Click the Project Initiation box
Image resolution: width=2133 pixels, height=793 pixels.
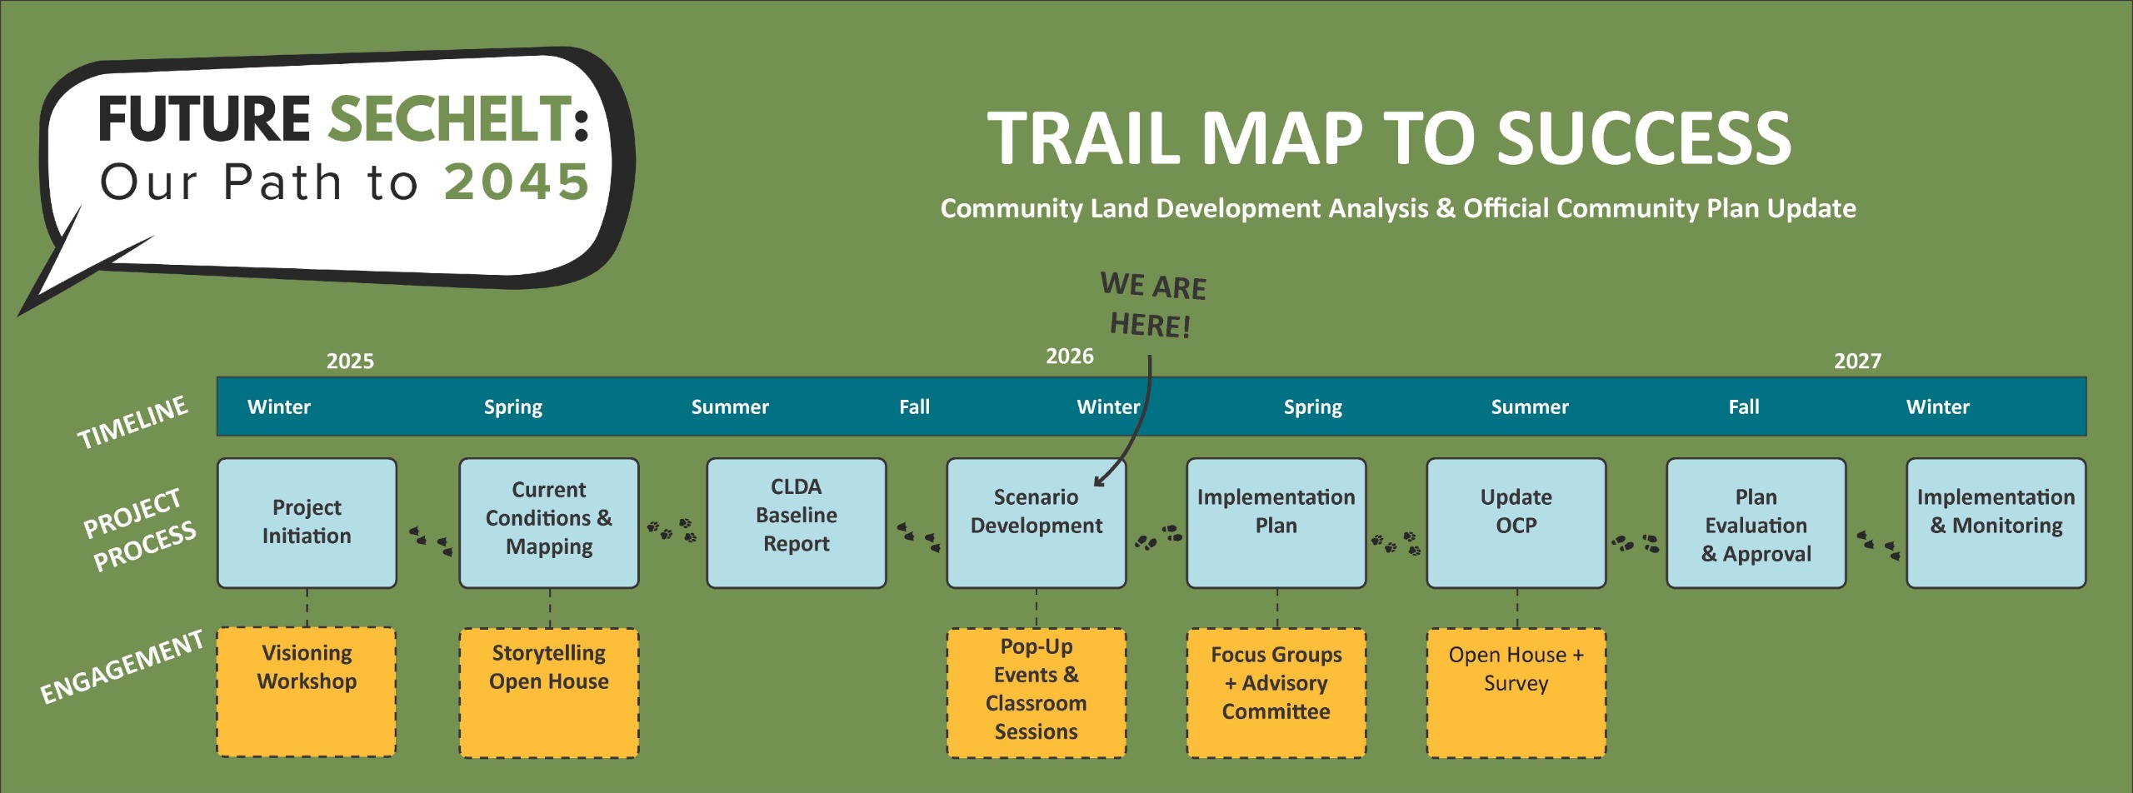point(307,522)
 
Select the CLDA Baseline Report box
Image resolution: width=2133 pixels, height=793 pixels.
point(796,522)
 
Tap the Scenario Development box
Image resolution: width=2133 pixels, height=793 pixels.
point(1036,522)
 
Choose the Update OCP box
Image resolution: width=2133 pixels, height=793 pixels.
point(1516,522)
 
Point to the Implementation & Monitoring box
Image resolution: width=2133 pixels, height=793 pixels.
point(1996,522)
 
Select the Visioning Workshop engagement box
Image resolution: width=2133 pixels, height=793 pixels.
point(307,691)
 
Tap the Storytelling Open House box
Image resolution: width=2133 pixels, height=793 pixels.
point(549,691)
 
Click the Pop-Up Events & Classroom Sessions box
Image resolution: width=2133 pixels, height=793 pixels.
point(1036,691)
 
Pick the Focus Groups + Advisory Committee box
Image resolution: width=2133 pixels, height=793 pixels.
point(1276,691)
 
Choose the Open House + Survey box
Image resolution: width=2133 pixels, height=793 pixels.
point(1516,691)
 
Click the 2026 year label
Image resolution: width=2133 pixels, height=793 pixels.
point(1069,357)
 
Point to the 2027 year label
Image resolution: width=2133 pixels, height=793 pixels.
point(1857,361)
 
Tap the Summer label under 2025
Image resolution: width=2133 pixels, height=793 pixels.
point(730,407)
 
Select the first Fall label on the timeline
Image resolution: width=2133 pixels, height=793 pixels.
point(914,407)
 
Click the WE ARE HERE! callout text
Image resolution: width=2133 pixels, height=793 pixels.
point(1152,305)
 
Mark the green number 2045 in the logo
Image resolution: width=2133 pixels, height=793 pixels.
point(517,182)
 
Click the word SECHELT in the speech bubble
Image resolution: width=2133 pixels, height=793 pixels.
point(450,118)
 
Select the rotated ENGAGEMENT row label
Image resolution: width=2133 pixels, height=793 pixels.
point(122,666)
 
